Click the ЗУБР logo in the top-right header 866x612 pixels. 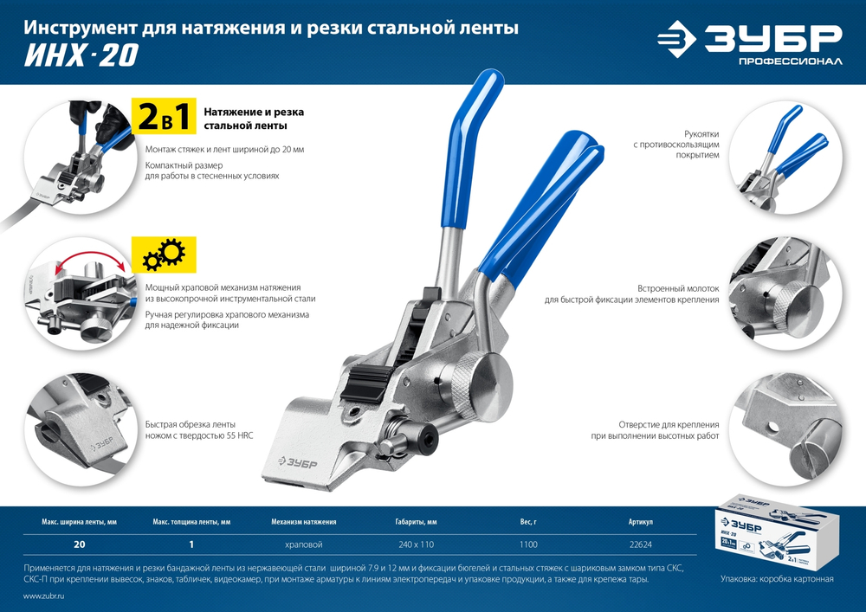pos(748,42)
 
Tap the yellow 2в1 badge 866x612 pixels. pos(164,118)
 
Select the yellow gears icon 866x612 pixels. pos(163,255)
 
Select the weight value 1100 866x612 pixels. pos(528,544)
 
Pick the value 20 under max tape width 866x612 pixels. pos(80,544)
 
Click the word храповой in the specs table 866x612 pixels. pos(303,544)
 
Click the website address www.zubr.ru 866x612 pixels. pos(44,597)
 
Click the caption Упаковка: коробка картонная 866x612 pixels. pos(776,578)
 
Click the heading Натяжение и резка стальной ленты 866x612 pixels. pos(254,119)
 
